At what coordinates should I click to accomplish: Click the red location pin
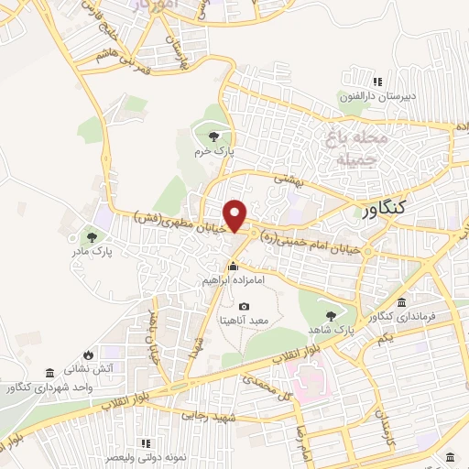(x=236, y=214)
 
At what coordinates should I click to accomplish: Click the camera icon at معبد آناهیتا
(x=244, y=307)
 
